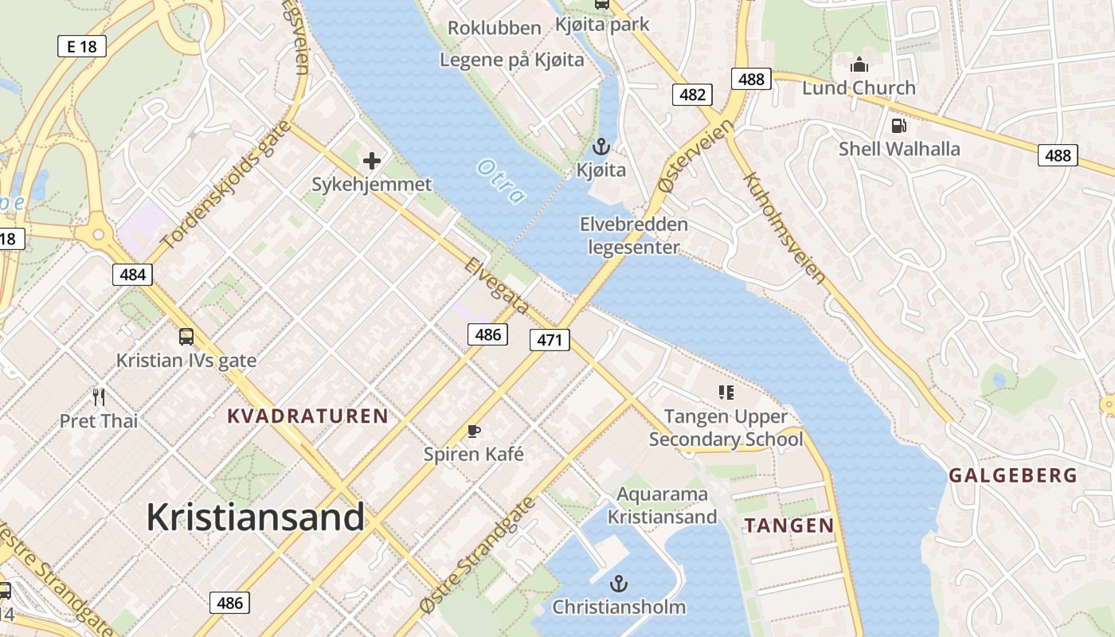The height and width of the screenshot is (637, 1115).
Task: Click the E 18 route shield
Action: click(82, 46)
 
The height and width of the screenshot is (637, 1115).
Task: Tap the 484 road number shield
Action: click(131, 275)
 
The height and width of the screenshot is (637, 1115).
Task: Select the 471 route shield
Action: click(550, 341)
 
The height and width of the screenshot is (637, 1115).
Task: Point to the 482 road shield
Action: click(692, 95)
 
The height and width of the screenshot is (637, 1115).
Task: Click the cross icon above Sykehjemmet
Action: click(371, 162)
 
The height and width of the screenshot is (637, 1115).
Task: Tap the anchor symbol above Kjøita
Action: click(601, 147)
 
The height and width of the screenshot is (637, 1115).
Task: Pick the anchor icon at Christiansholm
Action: click(619, 584)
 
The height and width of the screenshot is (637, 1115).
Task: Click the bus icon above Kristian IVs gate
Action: click(186, 337)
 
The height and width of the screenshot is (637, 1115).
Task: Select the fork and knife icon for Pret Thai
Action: click(99, 397)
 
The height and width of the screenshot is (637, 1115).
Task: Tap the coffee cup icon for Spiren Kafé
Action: click(474, 432)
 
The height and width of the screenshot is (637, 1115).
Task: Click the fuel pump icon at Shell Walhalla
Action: click(899, 126)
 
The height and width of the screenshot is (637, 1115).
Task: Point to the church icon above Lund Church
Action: click(859, 64)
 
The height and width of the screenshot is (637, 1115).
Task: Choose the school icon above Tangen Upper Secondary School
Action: click(726, 392)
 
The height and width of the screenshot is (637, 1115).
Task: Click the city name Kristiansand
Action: click(255, 518)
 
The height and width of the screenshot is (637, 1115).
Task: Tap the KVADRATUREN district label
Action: click(307, 416)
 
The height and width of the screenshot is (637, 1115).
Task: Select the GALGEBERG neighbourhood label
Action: click(1012, 476)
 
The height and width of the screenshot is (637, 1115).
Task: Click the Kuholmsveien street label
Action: click(784, 229)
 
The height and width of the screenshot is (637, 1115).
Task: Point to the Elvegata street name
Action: click(495, 285)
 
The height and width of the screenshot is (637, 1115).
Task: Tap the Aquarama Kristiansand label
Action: click(662, 506)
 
